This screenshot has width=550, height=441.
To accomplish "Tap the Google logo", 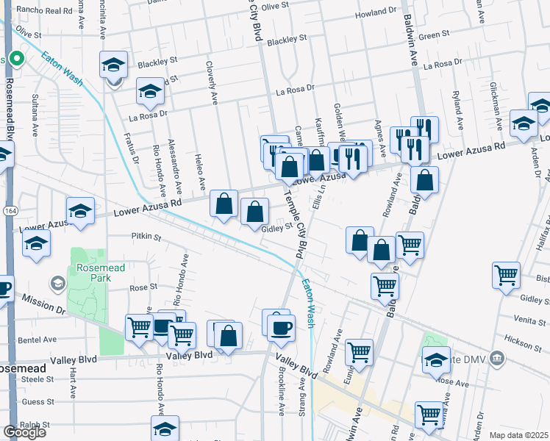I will pos(24,432).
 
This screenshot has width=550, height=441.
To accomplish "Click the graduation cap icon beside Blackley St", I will pos(114,65).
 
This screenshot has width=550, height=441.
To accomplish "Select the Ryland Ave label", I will pos(457,106).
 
